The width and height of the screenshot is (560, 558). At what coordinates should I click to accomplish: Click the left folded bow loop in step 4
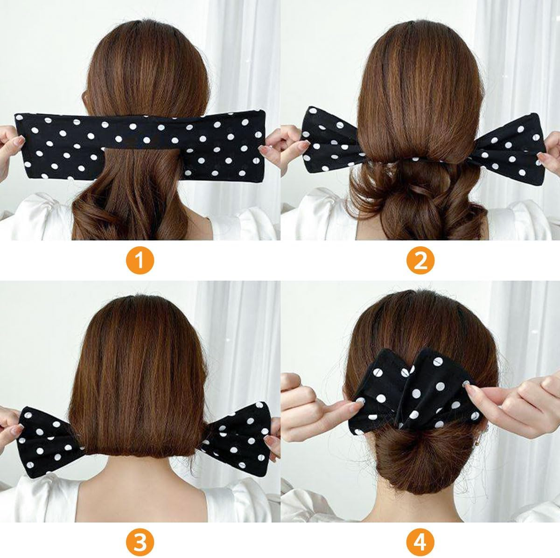pos(383,387)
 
